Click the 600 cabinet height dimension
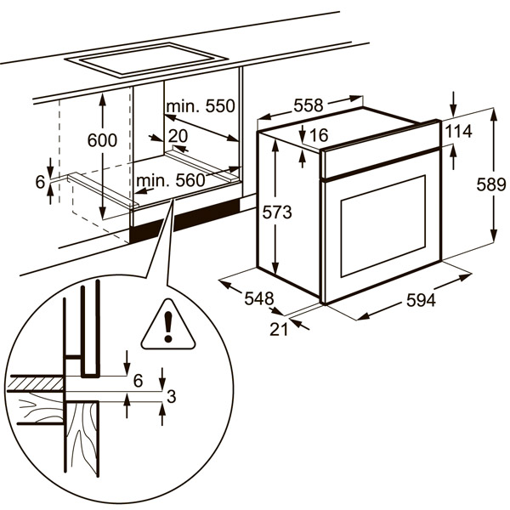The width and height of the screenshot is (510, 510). point(102,140)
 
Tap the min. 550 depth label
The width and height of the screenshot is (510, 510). point(199,107)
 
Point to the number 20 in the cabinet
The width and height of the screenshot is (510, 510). point(178,136)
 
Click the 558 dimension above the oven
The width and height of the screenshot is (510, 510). point(308,105)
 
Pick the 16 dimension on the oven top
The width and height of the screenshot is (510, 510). point(318,135)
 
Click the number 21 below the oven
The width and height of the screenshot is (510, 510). point(280,329)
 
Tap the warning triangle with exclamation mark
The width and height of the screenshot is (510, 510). point(167,326)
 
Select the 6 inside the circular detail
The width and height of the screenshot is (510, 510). point(139,379)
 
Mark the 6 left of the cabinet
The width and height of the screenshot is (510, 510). point(40,181)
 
